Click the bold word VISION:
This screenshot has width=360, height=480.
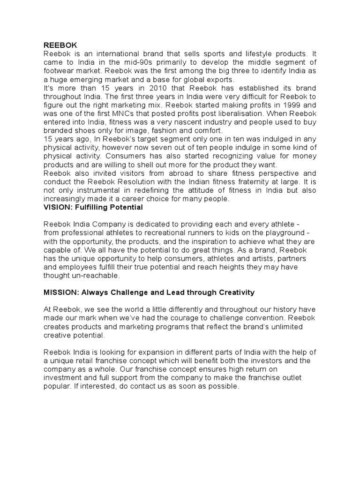(x=58, y=207)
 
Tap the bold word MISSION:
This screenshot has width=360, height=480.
(x=61, y=292)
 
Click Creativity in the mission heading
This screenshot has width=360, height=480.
(x=236, y=292)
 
